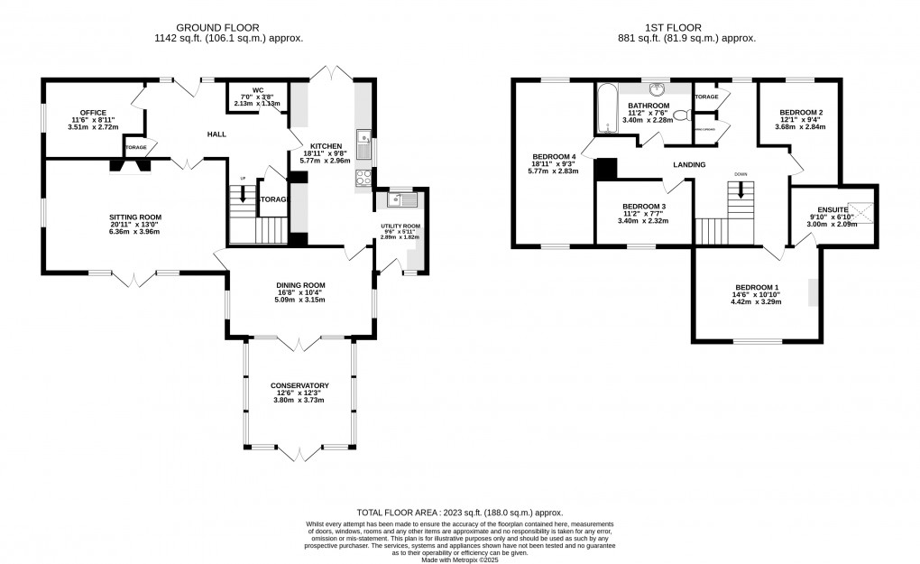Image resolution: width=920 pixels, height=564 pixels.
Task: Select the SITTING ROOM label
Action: point(136,217)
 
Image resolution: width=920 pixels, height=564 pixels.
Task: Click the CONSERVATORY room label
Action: point(299,385)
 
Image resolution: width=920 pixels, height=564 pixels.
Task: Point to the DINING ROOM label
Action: point(300,285)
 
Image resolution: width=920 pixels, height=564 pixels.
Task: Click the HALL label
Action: point(216,134)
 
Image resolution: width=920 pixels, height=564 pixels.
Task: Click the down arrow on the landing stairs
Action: point(741,190)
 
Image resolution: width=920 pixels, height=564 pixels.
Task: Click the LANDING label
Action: point(688,165)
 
